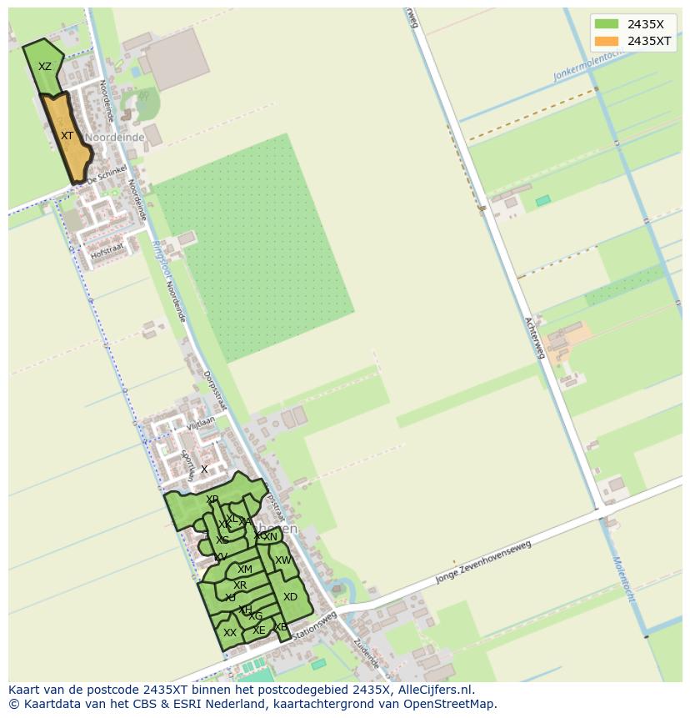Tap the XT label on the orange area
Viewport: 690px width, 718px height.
(x=67, y=135)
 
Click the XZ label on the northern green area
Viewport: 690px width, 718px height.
(x=45, y=67)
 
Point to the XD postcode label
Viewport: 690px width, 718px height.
(x=290, y=597)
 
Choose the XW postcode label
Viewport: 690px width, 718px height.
(x=283, y=560)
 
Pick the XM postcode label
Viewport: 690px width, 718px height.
(x=244, y=570)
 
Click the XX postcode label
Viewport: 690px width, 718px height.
(x=230, y=633)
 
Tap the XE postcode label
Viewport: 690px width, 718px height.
(x=258, y=630)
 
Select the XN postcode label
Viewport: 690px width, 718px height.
(x=270, y=537)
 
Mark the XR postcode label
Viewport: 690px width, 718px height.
(x=240, y=585)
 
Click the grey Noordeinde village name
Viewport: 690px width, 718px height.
(x=115, y=138)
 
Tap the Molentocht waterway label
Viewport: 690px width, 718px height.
(x=623, y=585)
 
